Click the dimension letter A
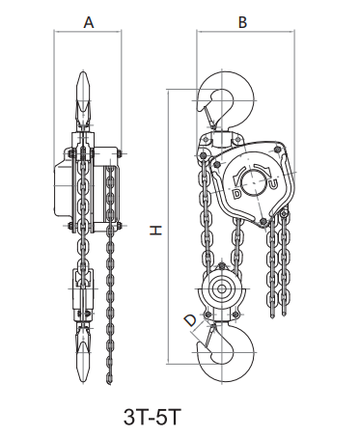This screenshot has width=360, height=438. (x=89, y=22)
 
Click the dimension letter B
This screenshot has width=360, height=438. (x=242, y=22)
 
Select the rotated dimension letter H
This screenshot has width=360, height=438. (x=155, y=231)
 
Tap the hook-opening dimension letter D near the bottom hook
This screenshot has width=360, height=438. (x=190, y=320)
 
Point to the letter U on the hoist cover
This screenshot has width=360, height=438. (x=273, y=184)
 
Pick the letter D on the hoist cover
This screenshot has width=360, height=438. (x=236, y=194)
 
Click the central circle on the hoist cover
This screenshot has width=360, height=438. (x=255, y=182)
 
